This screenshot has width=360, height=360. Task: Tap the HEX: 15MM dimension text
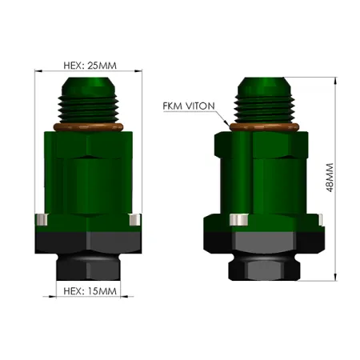(87, 291)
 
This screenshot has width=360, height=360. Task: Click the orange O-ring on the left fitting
(87, 126)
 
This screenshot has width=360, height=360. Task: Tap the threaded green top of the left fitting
(87, 101)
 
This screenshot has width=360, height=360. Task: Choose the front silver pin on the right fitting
(237, 220)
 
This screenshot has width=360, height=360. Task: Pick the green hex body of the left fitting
(87, 172)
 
